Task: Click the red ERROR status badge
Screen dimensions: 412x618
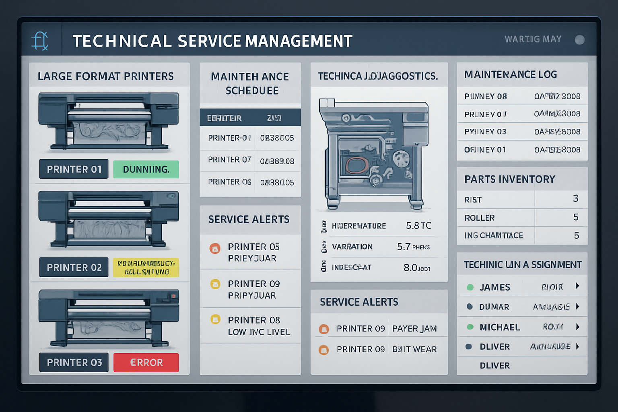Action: [146, 363]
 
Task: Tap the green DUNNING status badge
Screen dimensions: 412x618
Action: [146, 169]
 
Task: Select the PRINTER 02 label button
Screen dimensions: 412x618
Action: [74, 268]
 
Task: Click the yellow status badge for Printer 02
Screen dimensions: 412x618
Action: [146, 268]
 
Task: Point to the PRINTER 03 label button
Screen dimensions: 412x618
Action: [74, 363]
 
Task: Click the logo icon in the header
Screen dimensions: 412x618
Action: [40, 41]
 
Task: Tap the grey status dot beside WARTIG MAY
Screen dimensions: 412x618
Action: [580, 40]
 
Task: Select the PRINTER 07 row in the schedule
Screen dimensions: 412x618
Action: [230, 160]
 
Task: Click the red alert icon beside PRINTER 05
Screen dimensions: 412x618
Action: [215, 248]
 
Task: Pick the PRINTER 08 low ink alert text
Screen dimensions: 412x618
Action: [259, 326]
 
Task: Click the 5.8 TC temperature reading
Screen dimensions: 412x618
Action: [418, 226]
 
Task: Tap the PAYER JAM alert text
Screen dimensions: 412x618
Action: [414, 329]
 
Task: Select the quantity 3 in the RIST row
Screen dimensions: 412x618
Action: [576, 199]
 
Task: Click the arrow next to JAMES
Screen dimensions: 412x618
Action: [577, 286]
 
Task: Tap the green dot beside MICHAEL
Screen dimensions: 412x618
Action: [470, 327]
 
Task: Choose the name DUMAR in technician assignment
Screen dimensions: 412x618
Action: [494, 307]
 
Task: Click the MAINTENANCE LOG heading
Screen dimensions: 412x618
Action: [511, 74]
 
